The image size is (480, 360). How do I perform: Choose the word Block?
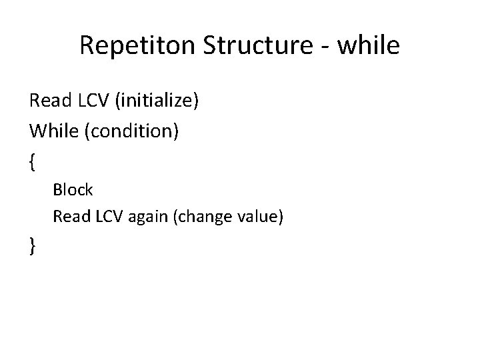coord(73,190)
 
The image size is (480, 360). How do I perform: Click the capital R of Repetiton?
coord(87,46)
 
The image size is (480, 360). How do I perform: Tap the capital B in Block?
coord(57,190)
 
